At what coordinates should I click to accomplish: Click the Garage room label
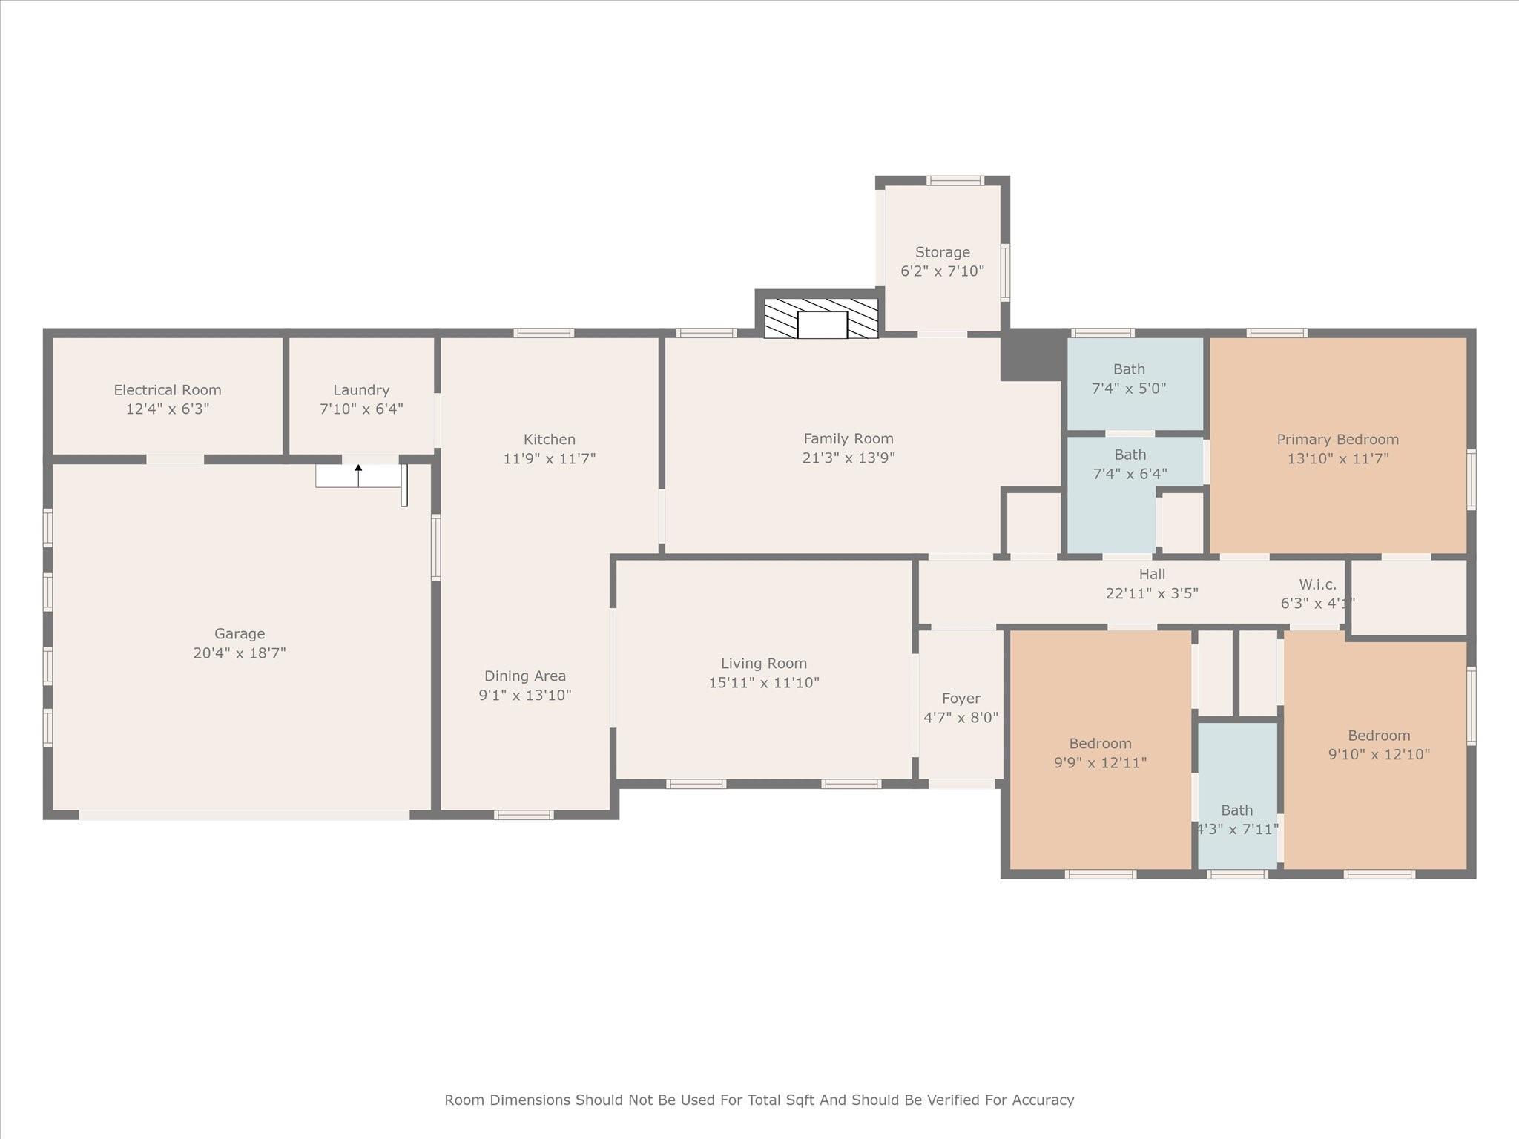pyautogui.click(x=240, y=634)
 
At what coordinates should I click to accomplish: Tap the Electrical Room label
pyautogui.click(x=168, y=390)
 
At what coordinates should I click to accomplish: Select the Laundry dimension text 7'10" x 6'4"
pyautogui.click(x=361, y=409)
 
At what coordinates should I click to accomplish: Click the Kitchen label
pyautogui.click(x=550, y=440)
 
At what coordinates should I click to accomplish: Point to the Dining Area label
pyautogui.click(x=525, y=676)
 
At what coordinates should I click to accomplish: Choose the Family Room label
pyautogui.click(x=849, y=439)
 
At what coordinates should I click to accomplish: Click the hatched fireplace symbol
pyautogui.click(x=821, y=318)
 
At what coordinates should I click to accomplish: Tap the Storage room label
pyautogui.click(x=943, y=252)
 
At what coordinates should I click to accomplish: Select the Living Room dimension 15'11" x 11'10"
pyautogui.click(x=764, y=682)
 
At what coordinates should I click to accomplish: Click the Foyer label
pyautogui.click(x=961, y=699)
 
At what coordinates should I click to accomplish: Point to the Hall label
pyautogui.click(x=1153, y=574)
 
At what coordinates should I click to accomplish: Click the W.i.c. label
pyautogui.click(x=1318, y=584)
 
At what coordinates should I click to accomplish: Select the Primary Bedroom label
pyautogui.click(x=1338, y=440)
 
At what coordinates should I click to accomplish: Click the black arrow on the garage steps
pyautogui.click(x=358, y=475)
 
